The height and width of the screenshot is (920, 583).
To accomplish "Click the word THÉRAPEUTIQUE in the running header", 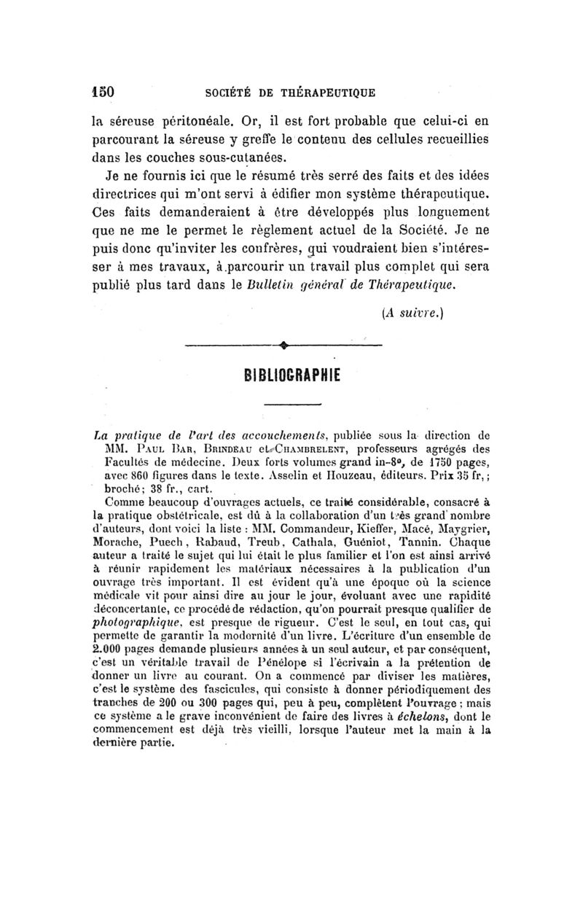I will click(329, 93).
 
